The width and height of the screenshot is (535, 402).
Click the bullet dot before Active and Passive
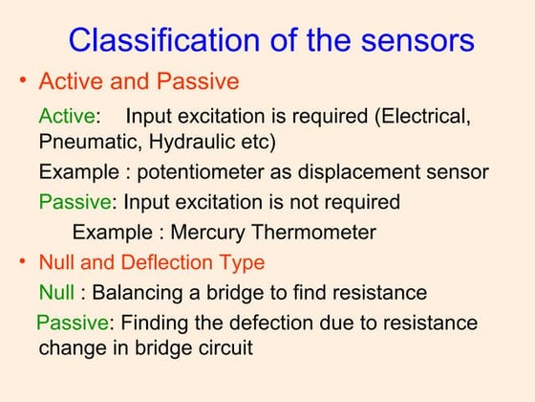pos(23,80)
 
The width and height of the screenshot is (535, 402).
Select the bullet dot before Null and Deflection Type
pos(23,260)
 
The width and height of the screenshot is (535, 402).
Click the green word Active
pos(66,117)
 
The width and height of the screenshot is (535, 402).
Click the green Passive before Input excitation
pos(75,203)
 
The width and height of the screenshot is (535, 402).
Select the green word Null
pos(56,292)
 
